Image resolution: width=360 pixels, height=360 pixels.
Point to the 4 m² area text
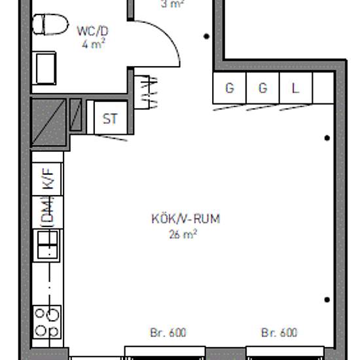(x=94, y=45)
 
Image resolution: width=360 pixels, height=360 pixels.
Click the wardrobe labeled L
(x=295, y=88)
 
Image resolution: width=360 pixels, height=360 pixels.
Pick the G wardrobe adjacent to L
(x=263, y=88)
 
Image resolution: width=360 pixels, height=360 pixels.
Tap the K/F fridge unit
(x=48, y=179)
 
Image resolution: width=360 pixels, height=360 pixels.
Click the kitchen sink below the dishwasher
(x=47, y=245)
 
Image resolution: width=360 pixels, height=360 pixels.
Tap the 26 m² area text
(x=183, y=232)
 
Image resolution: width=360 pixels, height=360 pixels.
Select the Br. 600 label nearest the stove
(x=168, y=333)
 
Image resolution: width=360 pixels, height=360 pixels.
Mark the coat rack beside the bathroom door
(x=148, y=92)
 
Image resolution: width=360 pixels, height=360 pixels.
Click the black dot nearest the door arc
(x=207, y=37)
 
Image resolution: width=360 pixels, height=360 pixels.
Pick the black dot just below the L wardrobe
(x=327, y=137)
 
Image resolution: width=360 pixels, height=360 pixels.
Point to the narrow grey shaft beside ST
(x=76, y=117)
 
